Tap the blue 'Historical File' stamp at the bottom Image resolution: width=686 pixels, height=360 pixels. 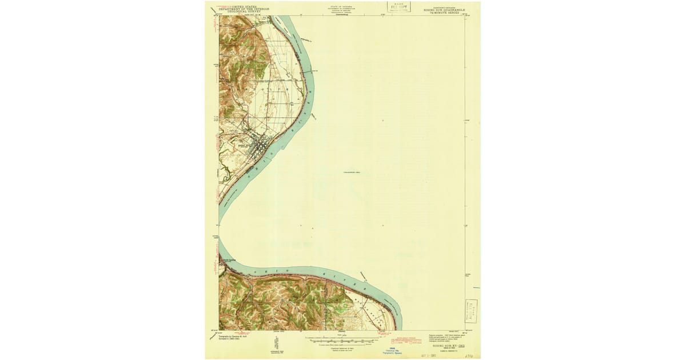[x=392, y=350]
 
